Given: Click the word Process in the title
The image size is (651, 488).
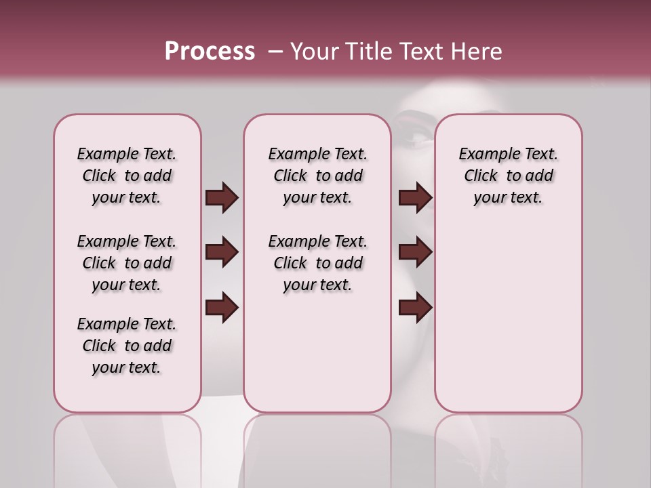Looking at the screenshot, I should click(210, 52).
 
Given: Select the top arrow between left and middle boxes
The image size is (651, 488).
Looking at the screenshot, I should click(222, 198).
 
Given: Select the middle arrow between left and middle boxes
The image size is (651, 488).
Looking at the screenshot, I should click(222, 252).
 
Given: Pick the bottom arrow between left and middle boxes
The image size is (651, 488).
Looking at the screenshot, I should click(222, 308).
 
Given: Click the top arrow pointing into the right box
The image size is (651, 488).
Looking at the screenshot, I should click(415, 198).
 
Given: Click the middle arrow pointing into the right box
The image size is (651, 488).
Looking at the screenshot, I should click(415, 252).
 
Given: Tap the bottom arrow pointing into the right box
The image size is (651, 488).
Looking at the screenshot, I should click(415, 308).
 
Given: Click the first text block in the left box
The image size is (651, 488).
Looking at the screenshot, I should click(127, 176).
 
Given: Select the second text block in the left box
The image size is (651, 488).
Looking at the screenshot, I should click(127, 263).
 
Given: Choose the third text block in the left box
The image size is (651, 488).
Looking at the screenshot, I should click(127, 346).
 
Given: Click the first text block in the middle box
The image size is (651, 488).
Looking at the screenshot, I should click(317, 176).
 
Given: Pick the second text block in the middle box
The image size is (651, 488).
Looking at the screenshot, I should click(317, 263).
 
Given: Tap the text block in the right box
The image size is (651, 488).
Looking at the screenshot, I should click(508, 176).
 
